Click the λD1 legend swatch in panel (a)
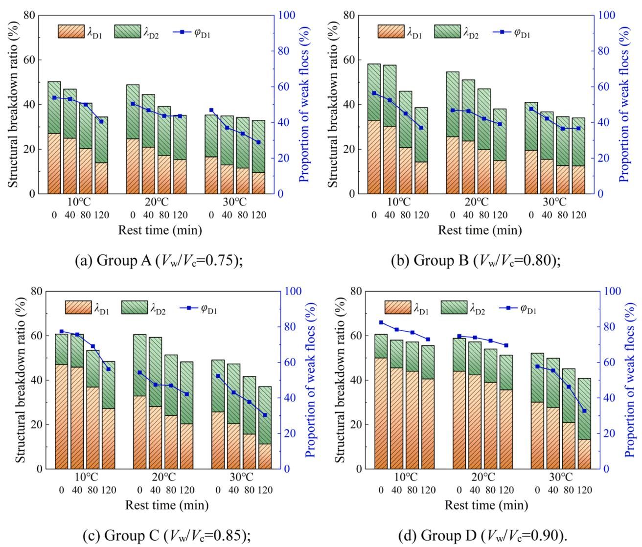[71, 31]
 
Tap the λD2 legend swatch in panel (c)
[134, 307]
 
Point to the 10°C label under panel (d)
[405, 477]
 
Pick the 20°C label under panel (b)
[476, 202]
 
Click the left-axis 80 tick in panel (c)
[36, 291]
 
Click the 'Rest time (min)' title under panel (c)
[167, 505]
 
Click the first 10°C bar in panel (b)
[374, 129]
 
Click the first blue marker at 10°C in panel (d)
[381, 322]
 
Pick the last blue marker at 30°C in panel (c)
[265, 415]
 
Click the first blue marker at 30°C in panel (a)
[211, 110]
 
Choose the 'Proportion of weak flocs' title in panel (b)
[624, 104]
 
